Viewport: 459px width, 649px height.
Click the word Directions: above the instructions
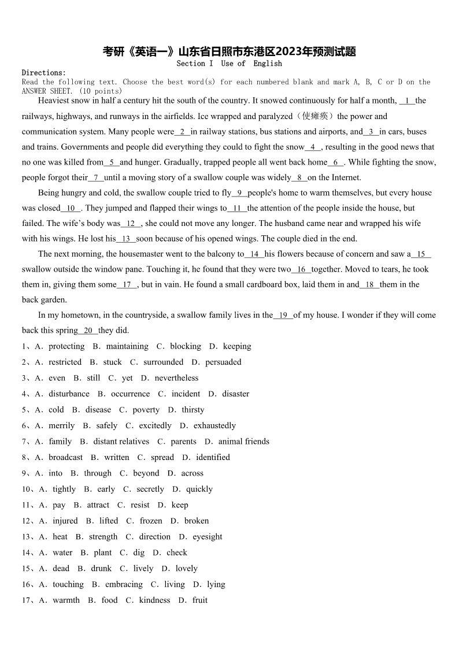click(x=44, y=73)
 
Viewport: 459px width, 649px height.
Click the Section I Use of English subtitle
click(x=229, y=64)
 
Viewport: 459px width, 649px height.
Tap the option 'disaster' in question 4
click(x=236, y=394)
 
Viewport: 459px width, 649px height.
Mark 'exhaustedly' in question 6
click(x=214, y=426)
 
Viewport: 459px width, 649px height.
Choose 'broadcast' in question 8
click(x=65, y=457)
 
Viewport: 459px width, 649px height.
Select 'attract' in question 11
click(x=98, y=505)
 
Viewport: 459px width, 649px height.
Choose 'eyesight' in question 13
click(x=208, y=537)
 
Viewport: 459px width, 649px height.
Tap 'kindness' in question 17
click(x=154, y=600)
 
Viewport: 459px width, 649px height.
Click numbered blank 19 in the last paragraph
click(x=283, y=316)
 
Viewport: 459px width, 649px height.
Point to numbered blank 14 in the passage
click(x=254, y=254)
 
